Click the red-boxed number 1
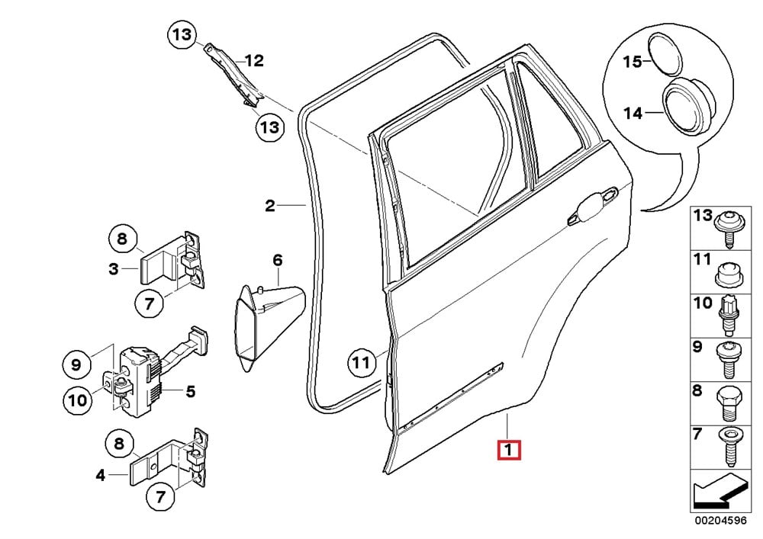click(509, 450)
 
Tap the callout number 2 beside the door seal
click(269, 206)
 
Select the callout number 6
click(277, 261)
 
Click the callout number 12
click(253, 60)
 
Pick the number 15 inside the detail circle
click(633, 62)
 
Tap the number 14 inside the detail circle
click(633, 114)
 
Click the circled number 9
click(76, 365)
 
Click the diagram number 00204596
click(719, 523)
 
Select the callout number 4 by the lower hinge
click(101, 476)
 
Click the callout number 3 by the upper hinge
click(113, 268)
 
